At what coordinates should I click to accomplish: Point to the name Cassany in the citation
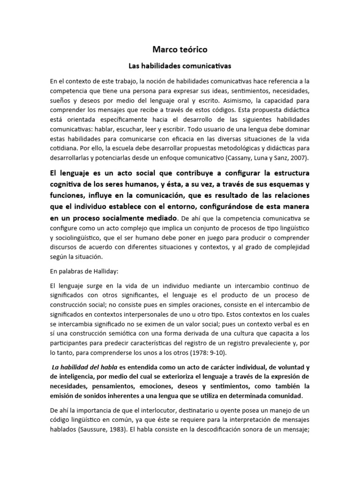pos(250,157)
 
